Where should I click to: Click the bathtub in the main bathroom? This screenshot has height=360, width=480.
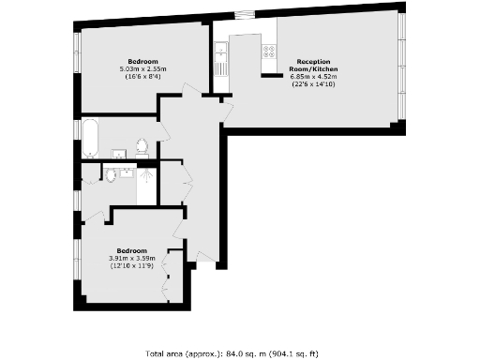pos(91,137)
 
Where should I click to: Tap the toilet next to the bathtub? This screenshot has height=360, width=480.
pos(142,147)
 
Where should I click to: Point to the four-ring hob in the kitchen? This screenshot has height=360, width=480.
pos(269,52)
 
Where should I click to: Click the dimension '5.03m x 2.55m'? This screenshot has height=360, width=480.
pos(142,69)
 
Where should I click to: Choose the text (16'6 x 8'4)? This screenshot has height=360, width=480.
pos(142,77)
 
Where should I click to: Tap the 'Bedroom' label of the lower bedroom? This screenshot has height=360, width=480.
pos(131,250)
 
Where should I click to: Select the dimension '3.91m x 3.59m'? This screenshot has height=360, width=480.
pos(131,258)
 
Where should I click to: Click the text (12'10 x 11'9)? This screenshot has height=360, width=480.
pos(131,265)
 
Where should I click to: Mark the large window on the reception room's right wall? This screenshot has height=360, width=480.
pos(401,66)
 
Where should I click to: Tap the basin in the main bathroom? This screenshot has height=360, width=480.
pos(120,153)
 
